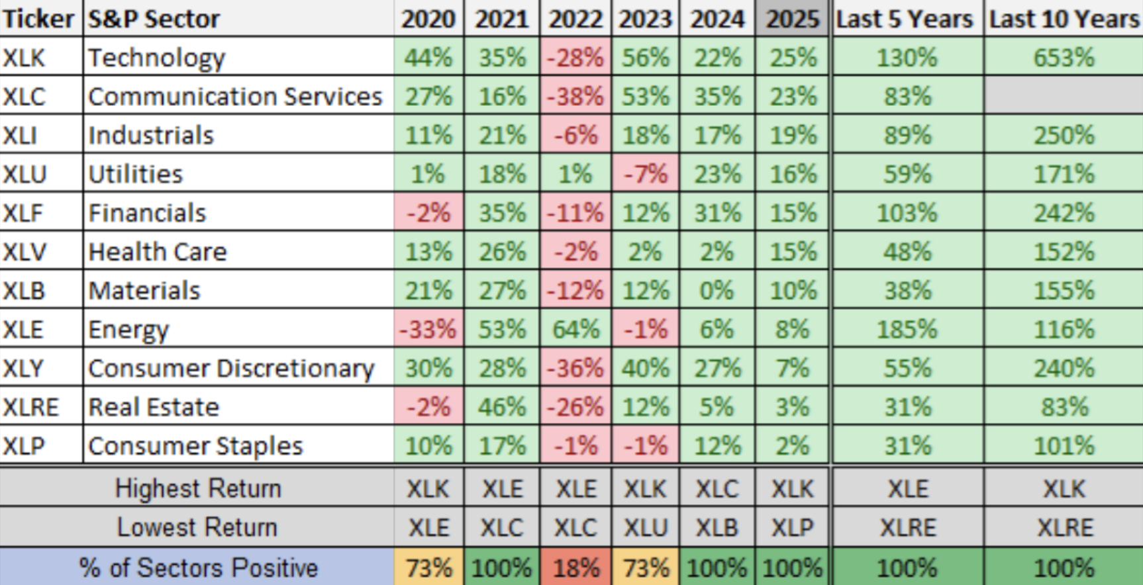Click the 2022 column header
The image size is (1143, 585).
point(575,19)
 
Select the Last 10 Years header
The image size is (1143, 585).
point(1064,19)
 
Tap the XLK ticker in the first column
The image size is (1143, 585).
point(25,58)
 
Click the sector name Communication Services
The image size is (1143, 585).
point(235,97)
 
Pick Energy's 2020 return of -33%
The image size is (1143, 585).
point(428,329)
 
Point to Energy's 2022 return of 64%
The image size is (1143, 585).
point(575,329)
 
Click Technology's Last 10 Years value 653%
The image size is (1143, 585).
point(1064,58)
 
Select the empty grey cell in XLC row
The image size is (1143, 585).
point(1064,97)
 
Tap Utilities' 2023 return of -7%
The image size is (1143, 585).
point(646,174)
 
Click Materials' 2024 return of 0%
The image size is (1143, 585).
point(717,291)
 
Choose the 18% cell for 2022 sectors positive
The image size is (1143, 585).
point(575,568)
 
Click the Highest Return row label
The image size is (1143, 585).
point(197,488)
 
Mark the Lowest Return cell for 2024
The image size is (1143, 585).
point(717,527)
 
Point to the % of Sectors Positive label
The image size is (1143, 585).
point(197,568)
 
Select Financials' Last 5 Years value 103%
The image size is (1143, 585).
point(907,213)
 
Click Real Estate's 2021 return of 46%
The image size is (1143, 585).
point(502,407)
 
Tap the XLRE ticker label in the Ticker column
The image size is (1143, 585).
point(30,407)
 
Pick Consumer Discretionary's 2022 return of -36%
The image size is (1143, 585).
point(575,368)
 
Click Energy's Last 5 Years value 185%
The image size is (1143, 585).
point(907,329)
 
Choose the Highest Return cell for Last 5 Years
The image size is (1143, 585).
point(907,488)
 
